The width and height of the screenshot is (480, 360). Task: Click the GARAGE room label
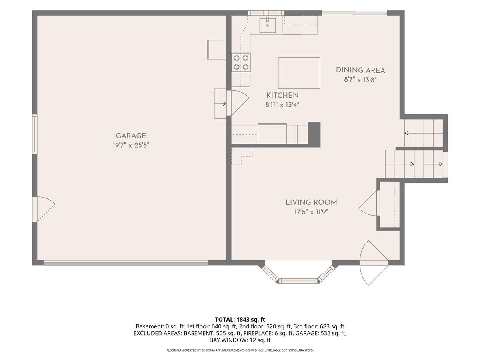pyautogui.click(x=131, y=136)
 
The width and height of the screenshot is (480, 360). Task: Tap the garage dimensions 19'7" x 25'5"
pyautogui.click(x=131, y=145)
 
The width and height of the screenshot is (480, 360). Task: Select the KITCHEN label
pyautogui.click(x=282, y=95)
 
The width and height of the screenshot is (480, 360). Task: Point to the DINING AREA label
pyautogui.click(x=360, y=70)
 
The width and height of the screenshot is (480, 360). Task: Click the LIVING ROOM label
pyautogui.click(x=311, y=202)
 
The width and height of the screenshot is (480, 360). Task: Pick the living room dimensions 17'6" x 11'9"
pyautogui.click(x=311, y=212)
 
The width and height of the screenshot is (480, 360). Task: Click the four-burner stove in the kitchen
pyautogui.click(x=241, y=62)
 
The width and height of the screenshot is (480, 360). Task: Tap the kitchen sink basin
pyautogui.click(x=268, y=26)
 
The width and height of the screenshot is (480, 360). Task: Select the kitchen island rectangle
pyautogui.click(x=299, y=73)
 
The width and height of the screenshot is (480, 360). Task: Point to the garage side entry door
pyautogui.click(x=44, y=209)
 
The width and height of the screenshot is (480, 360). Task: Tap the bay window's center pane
pyautogui.click(x=298, y=281)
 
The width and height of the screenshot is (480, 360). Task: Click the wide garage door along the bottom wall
pyautogui.click(x=126, y=263)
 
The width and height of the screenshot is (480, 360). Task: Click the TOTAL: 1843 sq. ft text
pyautogui.click(x=240, y=320)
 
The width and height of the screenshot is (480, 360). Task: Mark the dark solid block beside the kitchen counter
pyautogui.click(x=314, y=134)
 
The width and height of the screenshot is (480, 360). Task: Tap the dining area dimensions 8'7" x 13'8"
pyautogui.click(x=360, y=80)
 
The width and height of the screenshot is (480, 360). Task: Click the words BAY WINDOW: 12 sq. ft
pyautogui.click(x=240, y=340)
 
